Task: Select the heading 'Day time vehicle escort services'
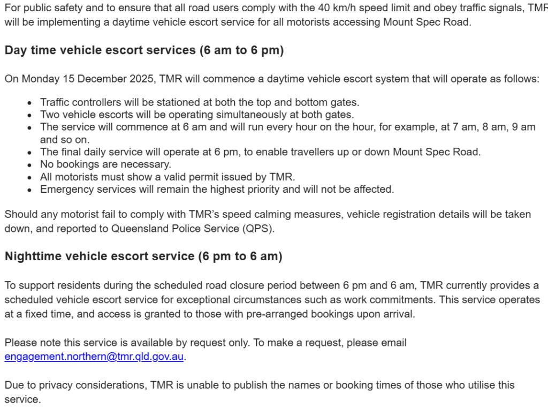pyautogui.click(x=143, y=50)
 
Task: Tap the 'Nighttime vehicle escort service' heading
pyautogui.click(x=143, y=256)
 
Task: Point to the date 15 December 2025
pyautogui.click(x=110, y=79)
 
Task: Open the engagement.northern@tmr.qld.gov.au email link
pyautogui.click(x=94, y=356)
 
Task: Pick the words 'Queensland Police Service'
pyautogui.click(x=168, y=229)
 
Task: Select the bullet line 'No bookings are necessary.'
pyautogui.click(x=105, y=164)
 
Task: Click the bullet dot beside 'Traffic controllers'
pyautogui.click(x=29, y=102)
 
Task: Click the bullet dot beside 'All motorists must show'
pyautogui.click(x=29, y=177)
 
